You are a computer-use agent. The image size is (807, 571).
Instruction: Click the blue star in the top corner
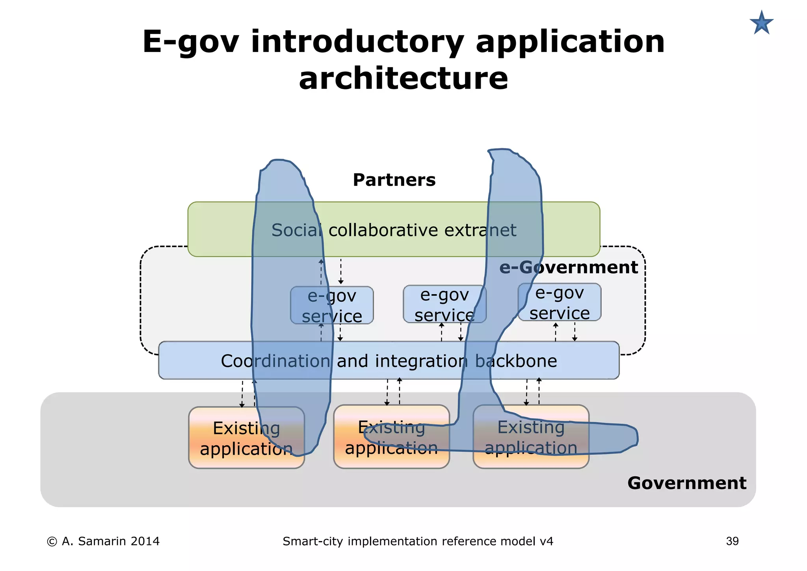click(x=761, y=23)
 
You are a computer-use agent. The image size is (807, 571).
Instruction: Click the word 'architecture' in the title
click(x=403, y=78)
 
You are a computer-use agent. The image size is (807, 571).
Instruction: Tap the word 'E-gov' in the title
click(x=190, y=42)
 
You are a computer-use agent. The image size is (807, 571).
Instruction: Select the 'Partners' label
click(x=394, y=180)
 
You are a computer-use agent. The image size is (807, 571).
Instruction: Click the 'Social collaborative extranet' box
click(x=394, y=230)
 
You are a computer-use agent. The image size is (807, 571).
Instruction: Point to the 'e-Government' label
click(x=568, y=267)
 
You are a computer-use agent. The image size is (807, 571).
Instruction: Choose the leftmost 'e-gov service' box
click(x=332, y=306)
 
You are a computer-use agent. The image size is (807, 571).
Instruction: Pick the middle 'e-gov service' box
click(x=444, y=304)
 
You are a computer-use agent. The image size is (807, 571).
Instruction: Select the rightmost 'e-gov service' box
click(x=560, y=302)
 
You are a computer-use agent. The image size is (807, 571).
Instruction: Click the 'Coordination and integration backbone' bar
click(x=389, y=360)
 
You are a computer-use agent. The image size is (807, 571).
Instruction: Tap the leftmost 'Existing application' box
click(x=246, y=438)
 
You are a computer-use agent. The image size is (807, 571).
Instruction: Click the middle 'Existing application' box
click(x=391, y=437)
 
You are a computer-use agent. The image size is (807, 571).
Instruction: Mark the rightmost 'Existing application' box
click(x=531, y=437)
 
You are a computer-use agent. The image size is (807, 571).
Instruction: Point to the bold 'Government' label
click(x=686, y=483)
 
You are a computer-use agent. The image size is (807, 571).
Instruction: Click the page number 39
click(x=732, y=541)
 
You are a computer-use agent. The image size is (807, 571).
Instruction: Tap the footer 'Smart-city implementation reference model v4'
click(x=418, y=541)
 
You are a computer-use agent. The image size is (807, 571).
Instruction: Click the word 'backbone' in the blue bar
click(x=516, y=361)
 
